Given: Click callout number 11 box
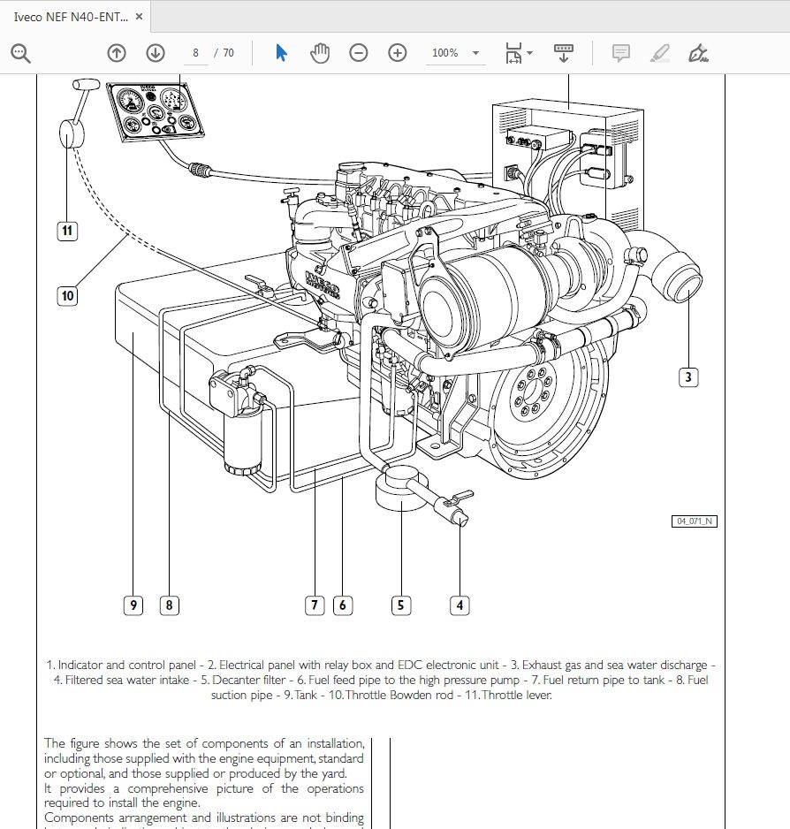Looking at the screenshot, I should click(x=68, y=232).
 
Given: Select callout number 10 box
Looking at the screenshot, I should click(x=68, y=295).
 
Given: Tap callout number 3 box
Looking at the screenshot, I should click(x=689, y=377).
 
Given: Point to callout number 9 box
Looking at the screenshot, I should click(x=133, y=605).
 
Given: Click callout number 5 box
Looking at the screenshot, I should click(x=400, y=605).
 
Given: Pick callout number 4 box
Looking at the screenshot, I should click(x=459, y=605).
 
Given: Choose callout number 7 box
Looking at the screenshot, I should click(x=314, y=605).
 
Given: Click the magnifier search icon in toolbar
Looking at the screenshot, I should click(x=20, y=53).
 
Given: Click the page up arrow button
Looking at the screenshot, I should click(x=117, y=53).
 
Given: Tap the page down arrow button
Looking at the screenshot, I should click(x=156, y=53).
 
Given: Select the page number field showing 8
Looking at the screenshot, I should click(x=195, y=53).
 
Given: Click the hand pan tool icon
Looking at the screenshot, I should click(x=319, y=53).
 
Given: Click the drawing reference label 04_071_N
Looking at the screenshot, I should click(x=695, y=521).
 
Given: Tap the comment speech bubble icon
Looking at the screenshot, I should click(x=621, y=53).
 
